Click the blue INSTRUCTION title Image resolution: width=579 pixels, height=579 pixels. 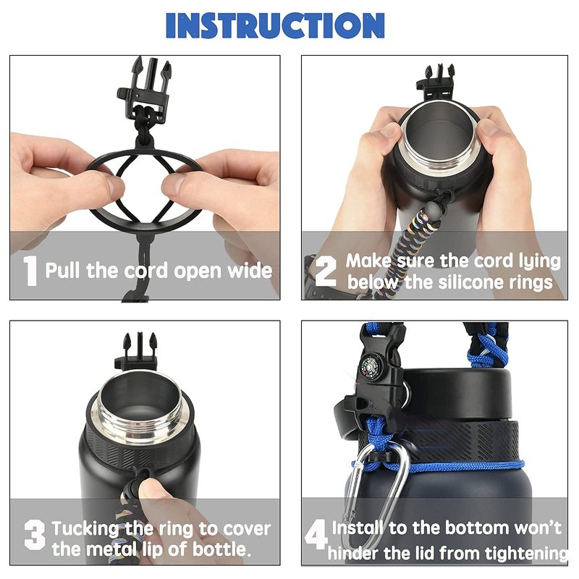[x=275, y=25]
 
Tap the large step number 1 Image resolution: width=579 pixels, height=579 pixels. [x=30, y=271]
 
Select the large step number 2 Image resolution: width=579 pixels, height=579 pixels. [x=326, y=271]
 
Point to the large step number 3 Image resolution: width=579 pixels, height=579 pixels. [x=35, y=535]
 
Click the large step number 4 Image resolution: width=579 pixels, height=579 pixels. [x=316, y=534]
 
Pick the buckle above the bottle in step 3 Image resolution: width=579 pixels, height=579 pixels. [x=138, y=352]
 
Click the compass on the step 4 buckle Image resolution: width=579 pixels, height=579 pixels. [x=369, y=365]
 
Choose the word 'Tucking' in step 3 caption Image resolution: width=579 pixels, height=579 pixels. [x=85, y=530]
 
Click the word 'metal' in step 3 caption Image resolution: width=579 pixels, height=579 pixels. [x=113, y=549]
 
